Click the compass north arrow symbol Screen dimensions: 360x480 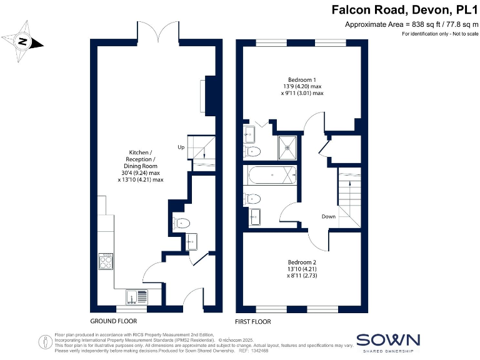[23, 41]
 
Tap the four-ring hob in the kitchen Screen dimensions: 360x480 [106, 262]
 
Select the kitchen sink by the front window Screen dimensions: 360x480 [136, 296]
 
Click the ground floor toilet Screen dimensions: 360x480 [182, 222]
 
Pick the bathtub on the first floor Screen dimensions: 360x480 [272, 176]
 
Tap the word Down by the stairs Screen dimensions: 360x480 [329, 217]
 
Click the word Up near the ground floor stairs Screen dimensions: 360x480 [181, 147]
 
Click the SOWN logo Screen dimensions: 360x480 [388, 341]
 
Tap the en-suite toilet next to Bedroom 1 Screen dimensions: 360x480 [253, 151]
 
